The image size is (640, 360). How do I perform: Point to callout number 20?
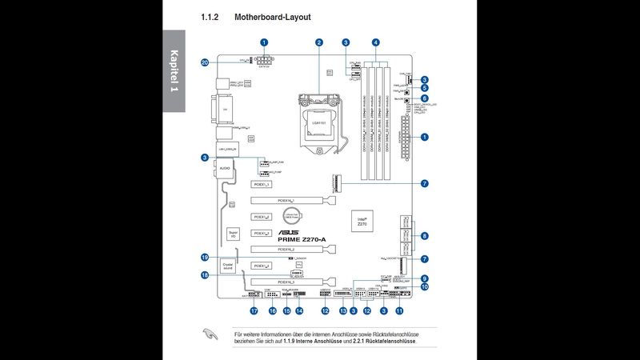pyautogui.click(x=205, y=62)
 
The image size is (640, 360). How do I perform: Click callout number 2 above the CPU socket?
pyautogui.click(x=318, y=42)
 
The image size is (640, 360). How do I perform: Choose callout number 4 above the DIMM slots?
pyautogui.click(x=376, y=42)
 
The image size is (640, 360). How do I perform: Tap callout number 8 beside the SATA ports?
pyautogui.click(x=425, y=235)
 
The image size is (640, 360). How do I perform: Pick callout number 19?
pyautogui.click(x=205, y=258)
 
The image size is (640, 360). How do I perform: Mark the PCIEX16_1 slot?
pyautogui.click(x=286, y=201)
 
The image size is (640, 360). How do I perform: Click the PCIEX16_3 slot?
pyautogui.click(x=286, y=282)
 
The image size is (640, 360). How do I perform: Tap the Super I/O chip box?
pyautogui.click(x=233, y=235)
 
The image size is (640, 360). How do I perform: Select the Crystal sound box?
pyautogui.click(x=228, y=265)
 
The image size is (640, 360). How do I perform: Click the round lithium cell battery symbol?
pyautogui.click(x=294, y=214)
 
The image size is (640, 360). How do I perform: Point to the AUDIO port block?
pyautogui.click(x=224, y=168)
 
